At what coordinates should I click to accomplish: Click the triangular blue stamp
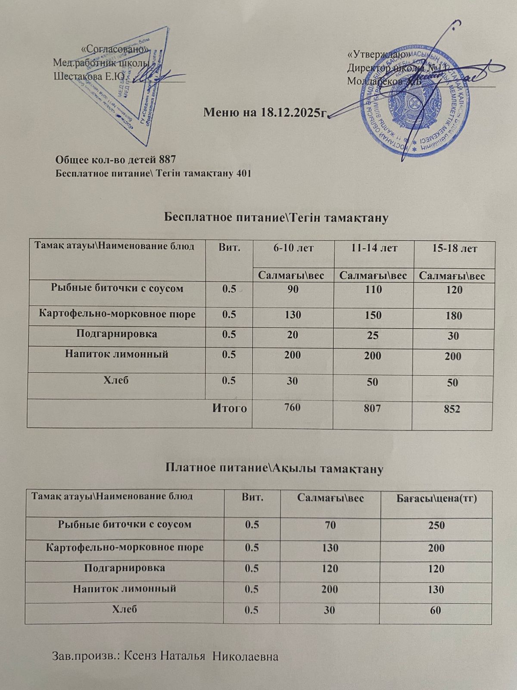click(125, 86)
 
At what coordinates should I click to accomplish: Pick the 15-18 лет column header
click(454, 249)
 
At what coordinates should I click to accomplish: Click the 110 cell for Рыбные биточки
click(373, 289)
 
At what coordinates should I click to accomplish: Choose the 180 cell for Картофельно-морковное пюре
click(454, 316)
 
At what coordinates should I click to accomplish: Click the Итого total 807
click(373, 408)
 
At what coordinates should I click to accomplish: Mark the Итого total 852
click(453, 409)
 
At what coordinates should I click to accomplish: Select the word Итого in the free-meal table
click(230, 408)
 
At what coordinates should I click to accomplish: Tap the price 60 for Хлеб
click(435, 610)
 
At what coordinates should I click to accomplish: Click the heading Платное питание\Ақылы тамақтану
click(274, 468)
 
